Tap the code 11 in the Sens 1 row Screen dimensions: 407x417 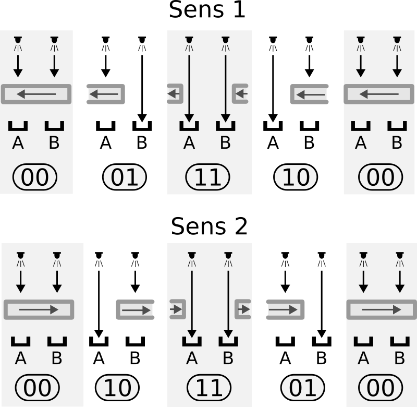(x=208, y=178)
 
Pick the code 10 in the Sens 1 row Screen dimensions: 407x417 (x=296, y=178)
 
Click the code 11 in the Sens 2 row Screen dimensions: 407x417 (x=208, y=388)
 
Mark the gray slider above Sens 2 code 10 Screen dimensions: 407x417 (x=135, y=309)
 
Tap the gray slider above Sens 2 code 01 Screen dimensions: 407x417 (x=285, y=309)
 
